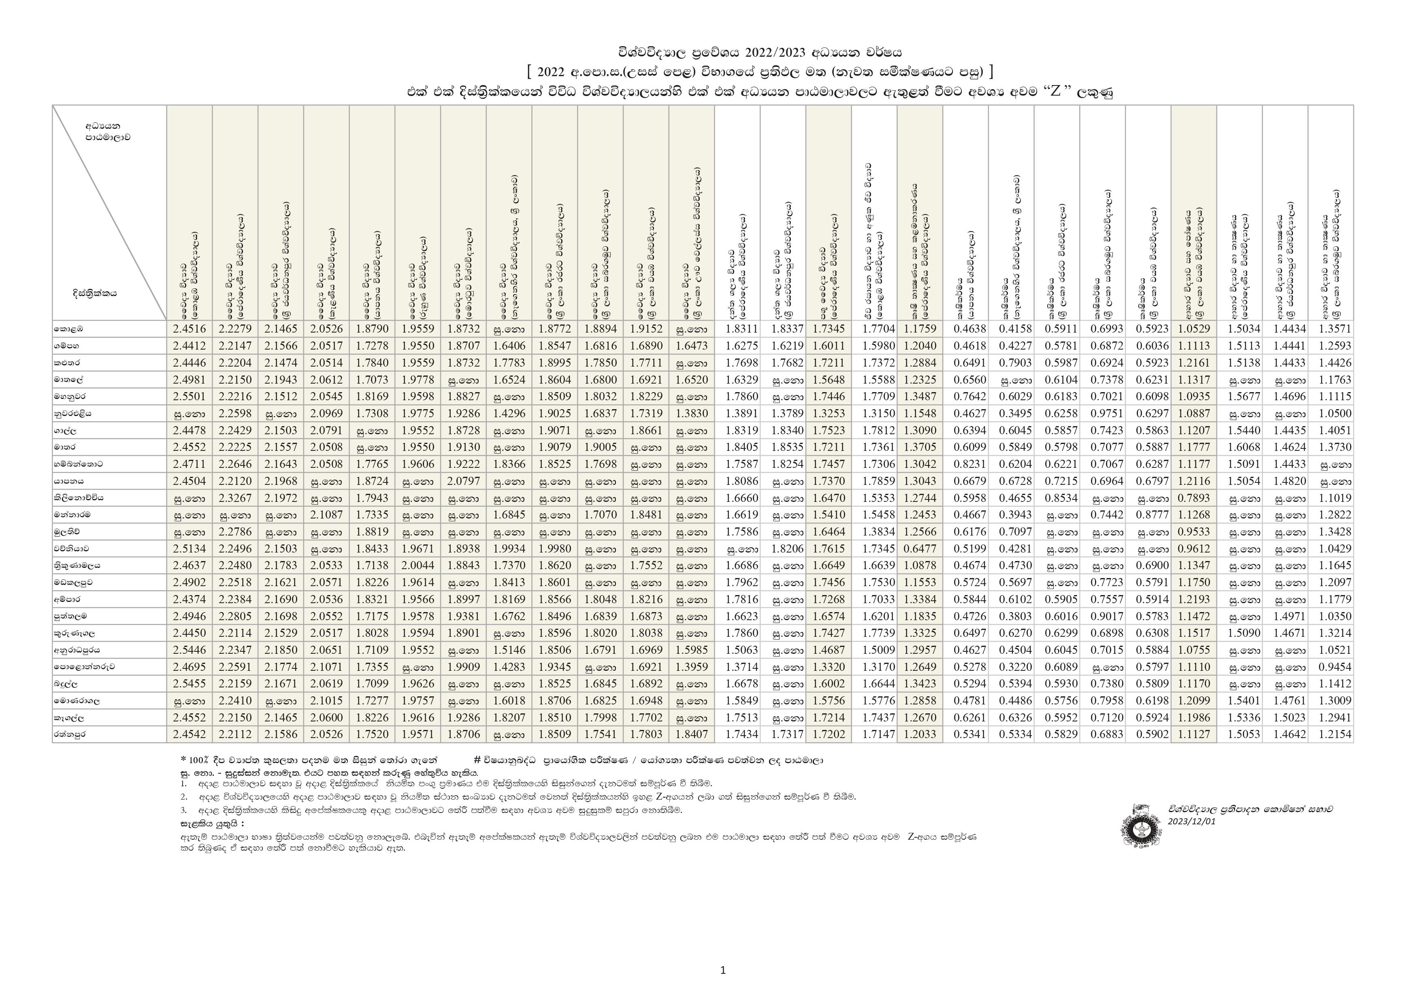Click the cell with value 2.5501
pos(190,396)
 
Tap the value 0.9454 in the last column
pos(1331,667)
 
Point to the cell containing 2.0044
pos(418,565)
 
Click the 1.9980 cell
pos(554,548)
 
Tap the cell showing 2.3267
pos(235,498)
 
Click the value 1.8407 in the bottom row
pos(691,734)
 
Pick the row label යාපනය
pos(69,481)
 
